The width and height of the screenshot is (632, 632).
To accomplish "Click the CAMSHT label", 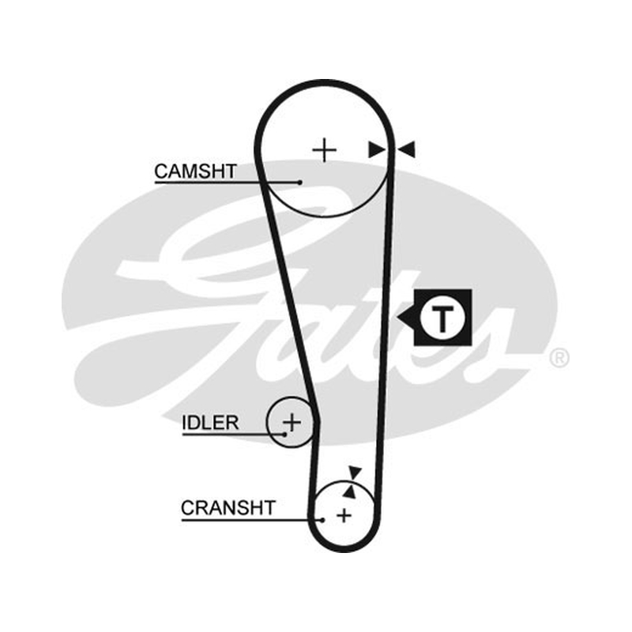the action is [x=195, y=171].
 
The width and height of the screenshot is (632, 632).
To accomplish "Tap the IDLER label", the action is [x=210, y=423].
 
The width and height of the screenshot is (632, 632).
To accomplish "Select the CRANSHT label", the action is [x=228, y=508].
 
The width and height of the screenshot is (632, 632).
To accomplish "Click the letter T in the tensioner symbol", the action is [x=442, y=318].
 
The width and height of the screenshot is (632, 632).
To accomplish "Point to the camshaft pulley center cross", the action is [x=325, y=150].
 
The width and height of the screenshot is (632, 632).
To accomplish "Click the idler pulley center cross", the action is [x=292, y=423].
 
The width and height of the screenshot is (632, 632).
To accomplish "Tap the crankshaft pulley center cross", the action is [x=344, y=516].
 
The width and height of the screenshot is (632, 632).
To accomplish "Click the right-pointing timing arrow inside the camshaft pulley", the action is [x=377, y=149].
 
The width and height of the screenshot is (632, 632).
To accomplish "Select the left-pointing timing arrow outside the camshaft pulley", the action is [x=406, y=149].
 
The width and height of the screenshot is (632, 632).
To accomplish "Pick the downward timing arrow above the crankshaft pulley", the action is [x=355, y=472].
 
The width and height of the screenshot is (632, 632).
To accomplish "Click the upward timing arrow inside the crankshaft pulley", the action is [x=350, y=491].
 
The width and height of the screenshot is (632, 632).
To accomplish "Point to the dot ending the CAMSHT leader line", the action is [x=299, y=182].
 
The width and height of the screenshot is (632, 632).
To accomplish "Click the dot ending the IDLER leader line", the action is [x=284, y=434].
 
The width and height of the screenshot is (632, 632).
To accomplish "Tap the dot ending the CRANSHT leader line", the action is [x=322, y=520].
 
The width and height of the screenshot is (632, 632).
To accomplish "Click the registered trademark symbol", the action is [x=559, y=357].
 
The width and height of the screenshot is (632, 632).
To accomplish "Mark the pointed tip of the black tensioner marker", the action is [x=397, y=318].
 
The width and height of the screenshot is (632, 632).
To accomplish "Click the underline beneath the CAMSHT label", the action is [x=227, y=182].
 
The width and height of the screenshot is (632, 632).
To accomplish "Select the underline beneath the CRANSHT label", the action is [x=251, y=520].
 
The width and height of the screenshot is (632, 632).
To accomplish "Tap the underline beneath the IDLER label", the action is [x=233, y=434].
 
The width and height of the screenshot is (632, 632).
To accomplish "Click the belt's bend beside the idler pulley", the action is [x=317, y=422].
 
